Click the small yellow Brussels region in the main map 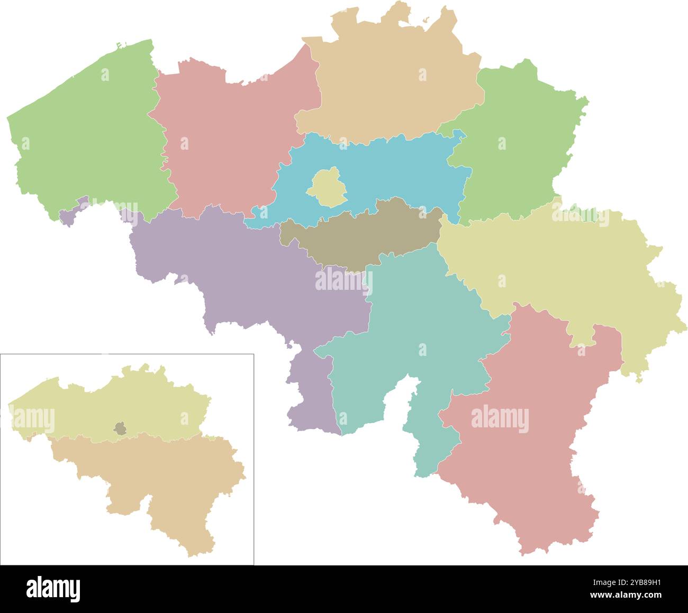coord(327,187)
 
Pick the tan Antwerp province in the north coord(392,85)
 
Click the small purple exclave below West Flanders coord(69,216)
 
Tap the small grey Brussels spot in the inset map coord(121,428)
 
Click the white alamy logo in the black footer coord(53,588)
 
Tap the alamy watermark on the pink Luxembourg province coord(500,419)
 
